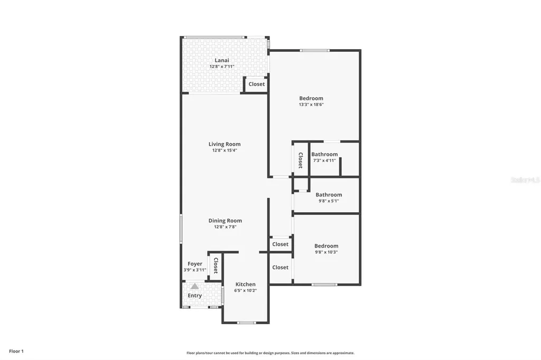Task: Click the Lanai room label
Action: coord(221,60)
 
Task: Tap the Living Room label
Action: coord(225,144)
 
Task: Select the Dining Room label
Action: coord(225,221)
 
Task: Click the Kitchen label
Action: coord(245,284)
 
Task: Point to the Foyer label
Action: coord(195,264)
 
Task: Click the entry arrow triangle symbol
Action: coord(195,286)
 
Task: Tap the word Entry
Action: coord(195,296)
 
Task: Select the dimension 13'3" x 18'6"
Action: coord(311,105)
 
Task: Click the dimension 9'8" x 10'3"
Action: coord(326,252)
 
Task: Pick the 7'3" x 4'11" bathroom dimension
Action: coord(324,160)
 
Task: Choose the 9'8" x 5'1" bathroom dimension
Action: coord(329,201)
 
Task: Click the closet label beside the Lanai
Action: coord(257,84)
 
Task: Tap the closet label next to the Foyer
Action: coord(216,266)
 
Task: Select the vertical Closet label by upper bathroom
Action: coord(300,160)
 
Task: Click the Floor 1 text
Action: coord(16,351)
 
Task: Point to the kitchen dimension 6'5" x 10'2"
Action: coord(245,290)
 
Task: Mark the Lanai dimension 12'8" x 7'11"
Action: coord(221,67)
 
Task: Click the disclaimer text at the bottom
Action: coord(270,353)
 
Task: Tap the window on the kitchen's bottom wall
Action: coord(246,323)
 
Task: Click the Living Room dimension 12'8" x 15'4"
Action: coord(225,150)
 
